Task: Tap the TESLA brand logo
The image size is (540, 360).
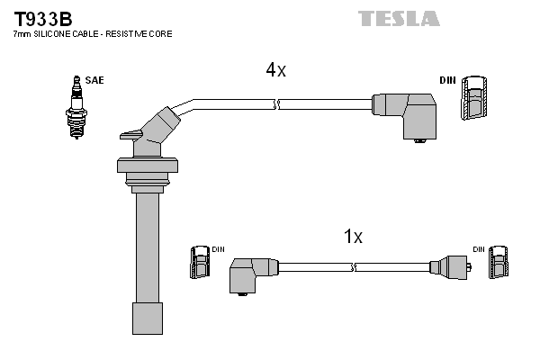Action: click(399, 18)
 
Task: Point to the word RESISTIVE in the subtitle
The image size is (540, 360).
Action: click(129, 33)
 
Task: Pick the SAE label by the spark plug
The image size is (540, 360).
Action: click(95, 80)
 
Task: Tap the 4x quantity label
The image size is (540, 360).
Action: click(275, 70)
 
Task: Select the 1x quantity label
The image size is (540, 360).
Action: click(353, 237)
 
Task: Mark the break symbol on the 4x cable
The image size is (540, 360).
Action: click(278, 105)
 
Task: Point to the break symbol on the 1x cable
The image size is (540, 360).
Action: click(355, 267)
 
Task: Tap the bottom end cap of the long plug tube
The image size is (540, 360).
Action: click(147, 317)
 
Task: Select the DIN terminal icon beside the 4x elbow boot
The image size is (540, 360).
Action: click(475, 97)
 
